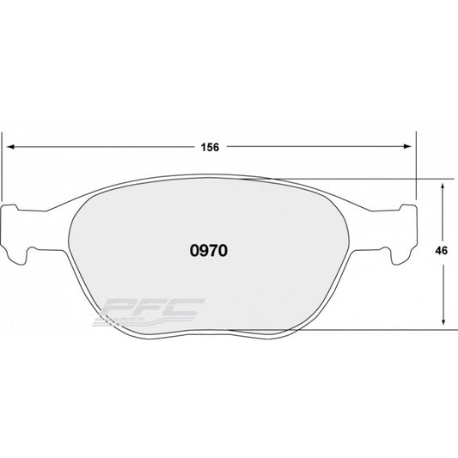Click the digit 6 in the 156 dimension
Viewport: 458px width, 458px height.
218,146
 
